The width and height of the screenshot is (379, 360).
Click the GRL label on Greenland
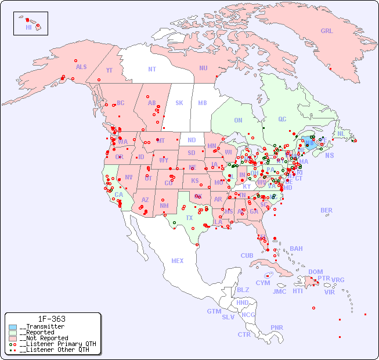327,31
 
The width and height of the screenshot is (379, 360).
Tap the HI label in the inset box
28,27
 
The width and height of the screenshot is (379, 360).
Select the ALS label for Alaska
81,67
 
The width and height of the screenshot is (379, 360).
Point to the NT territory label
152,69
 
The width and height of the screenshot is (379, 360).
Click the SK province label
179,103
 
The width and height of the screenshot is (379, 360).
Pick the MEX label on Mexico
178,261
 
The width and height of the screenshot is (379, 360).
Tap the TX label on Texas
189,218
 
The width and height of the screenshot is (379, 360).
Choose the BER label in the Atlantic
327,210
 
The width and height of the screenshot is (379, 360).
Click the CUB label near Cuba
247,255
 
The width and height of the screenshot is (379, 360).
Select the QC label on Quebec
282,119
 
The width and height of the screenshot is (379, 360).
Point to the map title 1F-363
52,319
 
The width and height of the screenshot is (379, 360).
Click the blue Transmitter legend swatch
13,327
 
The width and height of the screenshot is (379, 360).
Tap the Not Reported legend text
44,338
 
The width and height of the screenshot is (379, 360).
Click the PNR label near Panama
277,327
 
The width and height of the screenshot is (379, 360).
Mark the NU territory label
203,68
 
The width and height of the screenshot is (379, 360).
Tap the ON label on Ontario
238,120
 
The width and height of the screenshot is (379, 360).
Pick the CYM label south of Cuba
263,283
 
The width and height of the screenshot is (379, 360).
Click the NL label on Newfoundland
341,133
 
